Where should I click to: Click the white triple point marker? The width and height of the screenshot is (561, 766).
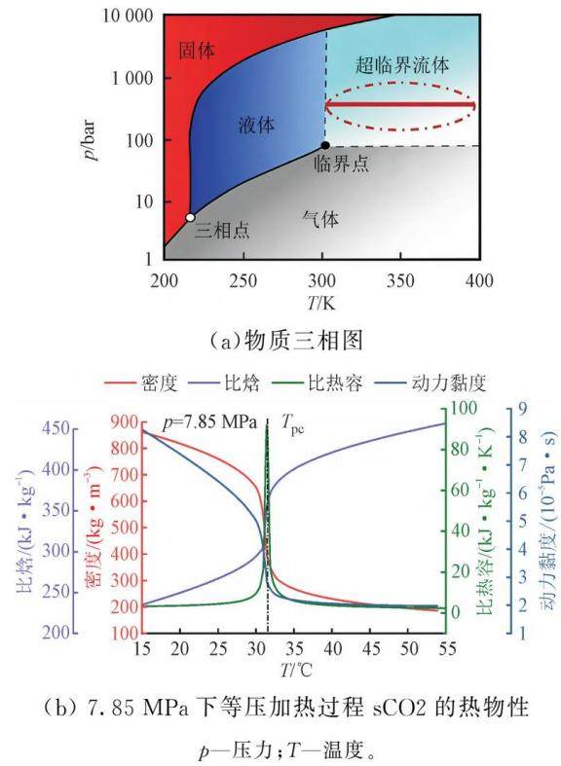[190, 217]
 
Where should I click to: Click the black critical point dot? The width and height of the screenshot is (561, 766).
[325, 145]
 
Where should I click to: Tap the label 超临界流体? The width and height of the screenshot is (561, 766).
[401, 64]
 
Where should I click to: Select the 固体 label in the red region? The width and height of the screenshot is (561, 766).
[197, 51]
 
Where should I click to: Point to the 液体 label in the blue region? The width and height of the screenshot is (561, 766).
[256, 125]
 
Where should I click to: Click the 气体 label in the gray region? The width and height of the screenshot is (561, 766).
[320, 219]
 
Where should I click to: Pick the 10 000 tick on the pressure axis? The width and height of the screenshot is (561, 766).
[128, 17]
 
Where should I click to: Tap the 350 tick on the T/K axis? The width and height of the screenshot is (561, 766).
[400, 280]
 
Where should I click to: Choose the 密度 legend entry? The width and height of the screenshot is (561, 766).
[141, 383]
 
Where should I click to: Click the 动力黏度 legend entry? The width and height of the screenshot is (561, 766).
[431, 383]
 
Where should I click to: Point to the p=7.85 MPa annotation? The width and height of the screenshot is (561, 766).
[209, 422]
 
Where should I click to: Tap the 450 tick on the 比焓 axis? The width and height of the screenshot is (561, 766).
[56, 428]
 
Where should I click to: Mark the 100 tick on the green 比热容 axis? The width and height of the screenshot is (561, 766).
[463, 408]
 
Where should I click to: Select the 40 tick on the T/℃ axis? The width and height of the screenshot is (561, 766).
[332, 648]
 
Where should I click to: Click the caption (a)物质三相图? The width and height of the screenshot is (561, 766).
[286, 341]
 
